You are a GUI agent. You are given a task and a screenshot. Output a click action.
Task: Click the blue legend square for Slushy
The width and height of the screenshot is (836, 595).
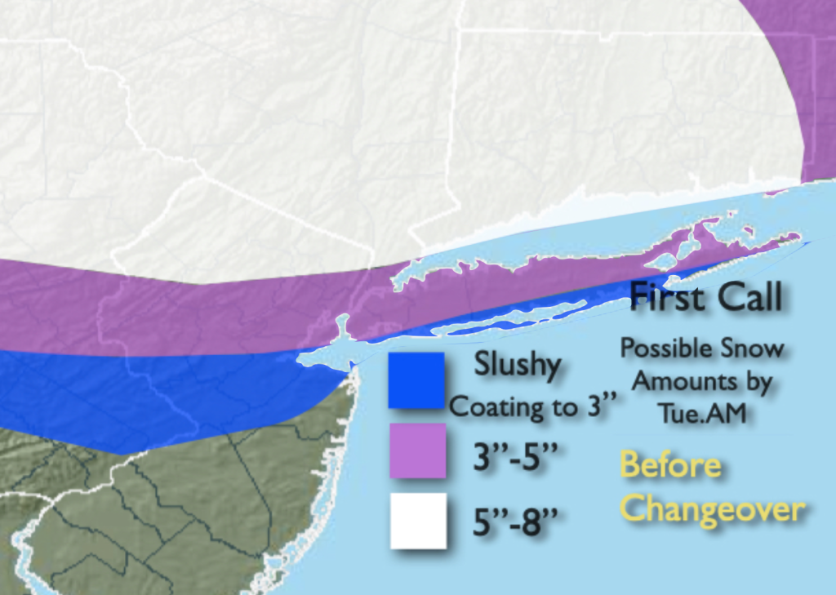[x=416, y=380]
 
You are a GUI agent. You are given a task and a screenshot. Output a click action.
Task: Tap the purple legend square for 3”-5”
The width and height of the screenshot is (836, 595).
[x=417, y=450]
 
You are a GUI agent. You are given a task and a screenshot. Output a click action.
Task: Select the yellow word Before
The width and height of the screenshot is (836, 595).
[x=670, y=465]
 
